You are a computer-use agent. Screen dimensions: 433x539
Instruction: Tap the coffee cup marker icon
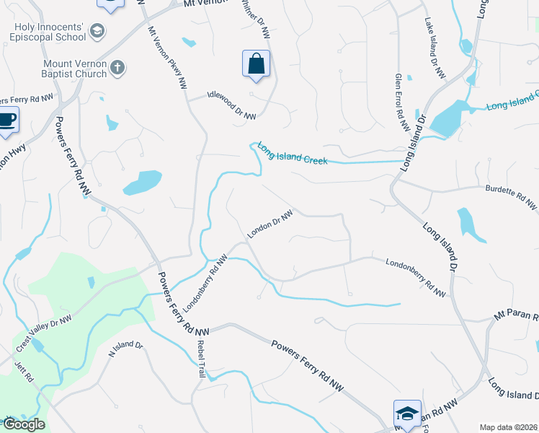7,119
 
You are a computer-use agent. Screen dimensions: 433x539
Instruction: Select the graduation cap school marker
406,414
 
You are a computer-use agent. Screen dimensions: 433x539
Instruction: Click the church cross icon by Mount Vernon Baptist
117,69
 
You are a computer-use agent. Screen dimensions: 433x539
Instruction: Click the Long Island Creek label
293,152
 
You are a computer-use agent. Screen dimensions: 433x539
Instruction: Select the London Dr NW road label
270,224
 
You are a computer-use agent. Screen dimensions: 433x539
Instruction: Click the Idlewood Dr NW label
231,105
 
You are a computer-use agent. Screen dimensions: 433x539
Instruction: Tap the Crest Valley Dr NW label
44,334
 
